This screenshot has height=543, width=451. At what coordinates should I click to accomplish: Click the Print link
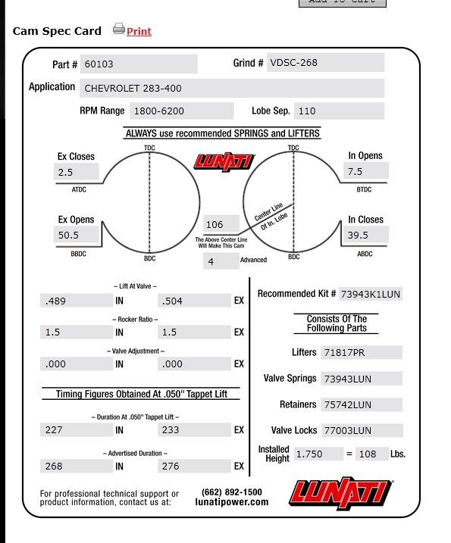click(x=139, y=31)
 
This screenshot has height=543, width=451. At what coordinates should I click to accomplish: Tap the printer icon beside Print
click(x=118, y=30)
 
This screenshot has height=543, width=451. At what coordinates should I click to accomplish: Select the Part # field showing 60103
click(x=139, y=64)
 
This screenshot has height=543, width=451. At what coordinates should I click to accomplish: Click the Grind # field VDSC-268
click(x=325, y=63)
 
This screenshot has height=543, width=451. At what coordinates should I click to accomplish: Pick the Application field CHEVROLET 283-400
click(x=231, y=88)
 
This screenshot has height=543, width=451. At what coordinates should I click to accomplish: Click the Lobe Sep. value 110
click(x=338, y=111)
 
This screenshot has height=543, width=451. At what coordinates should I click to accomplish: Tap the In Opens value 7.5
click(x=365, y=172)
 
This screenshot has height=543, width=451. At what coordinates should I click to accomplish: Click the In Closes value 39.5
click(x=365, y=235)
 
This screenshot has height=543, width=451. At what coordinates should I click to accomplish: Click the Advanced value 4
click(x=221, y=261)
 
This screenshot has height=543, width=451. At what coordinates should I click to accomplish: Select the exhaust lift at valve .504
click(x=194, y=301)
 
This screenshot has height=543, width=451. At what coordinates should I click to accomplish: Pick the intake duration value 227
click(x=75, y=430)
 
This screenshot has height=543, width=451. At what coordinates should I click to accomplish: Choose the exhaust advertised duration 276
click(x=194, y=466)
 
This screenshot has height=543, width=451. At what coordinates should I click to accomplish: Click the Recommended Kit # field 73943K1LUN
click(x=370, y=294)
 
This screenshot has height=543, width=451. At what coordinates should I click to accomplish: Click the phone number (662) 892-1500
click(x=232, y=492)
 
